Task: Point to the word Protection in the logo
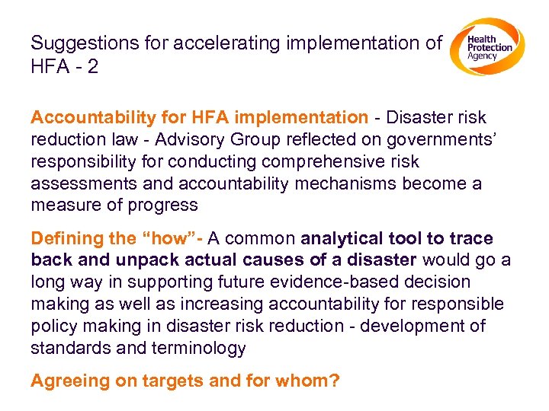pyautogui.click(x=490, y=48)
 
